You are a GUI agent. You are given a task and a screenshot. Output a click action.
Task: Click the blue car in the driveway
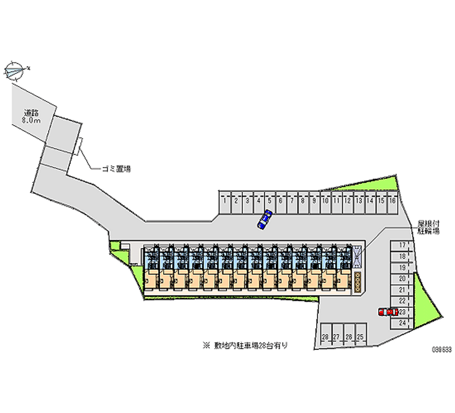[264, 219]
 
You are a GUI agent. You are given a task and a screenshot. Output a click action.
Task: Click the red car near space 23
[387, 312]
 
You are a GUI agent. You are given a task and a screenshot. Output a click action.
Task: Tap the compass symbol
[15, 71]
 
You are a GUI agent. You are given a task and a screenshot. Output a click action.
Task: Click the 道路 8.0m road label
[31, 116]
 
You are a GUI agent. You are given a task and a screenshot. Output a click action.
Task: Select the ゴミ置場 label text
[116, 169]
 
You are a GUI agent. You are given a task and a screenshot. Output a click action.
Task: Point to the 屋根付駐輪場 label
[429, 227]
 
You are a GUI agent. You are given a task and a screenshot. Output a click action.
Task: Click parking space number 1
[225, 201]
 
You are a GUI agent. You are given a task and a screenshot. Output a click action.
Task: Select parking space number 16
[392, 201]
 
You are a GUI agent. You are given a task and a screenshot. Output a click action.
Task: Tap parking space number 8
[303, 201]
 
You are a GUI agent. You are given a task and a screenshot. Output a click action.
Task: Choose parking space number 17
[402, 245]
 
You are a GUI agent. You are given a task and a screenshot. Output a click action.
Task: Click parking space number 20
[402, 278]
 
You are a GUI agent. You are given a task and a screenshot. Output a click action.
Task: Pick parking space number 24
[402, 323]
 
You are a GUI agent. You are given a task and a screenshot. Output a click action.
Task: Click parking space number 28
[325, 337]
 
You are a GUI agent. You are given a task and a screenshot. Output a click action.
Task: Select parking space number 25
[359, 337]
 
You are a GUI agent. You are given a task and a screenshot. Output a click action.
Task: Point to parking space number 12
[348, 201]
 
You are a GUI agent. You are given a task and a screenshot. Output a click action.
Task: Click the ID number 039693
[441, 350]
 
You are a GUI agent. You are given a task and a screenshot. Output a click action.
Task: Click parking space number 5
[270, 201]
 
